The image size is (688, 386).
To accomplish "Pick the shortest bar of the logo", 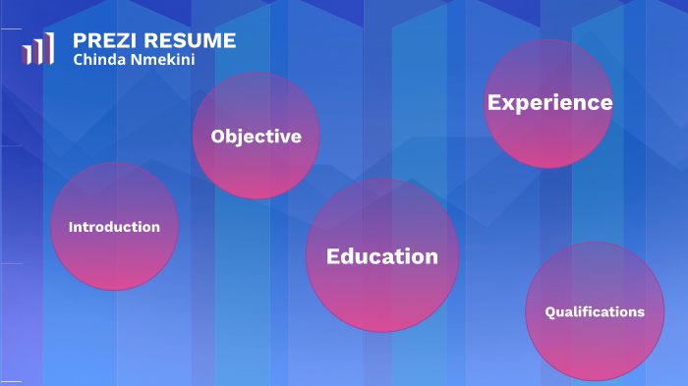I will (x=25, y=55).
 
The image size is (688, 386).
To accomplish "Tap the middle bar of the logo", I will (x=37, y=51).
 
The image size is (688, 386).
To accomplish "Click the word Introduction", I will (x=114, y=227).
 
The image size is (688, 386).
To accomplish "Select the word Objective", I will (x=256, y=137).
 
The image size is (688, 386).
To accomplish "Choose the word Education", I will (x=382, y=256).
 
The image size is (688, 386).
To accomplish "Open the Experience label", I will (x=549, y=102).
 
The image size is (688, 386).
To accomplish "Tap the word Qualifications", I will (x=595, y=312).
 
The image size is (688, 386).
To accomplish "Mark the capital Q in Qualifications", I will (x=550, y=312).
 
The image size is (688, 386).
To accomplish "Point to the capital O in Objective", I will (x=218, y=137).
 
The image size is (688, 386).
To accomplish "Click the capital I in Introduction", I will (x=71, y=227).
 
